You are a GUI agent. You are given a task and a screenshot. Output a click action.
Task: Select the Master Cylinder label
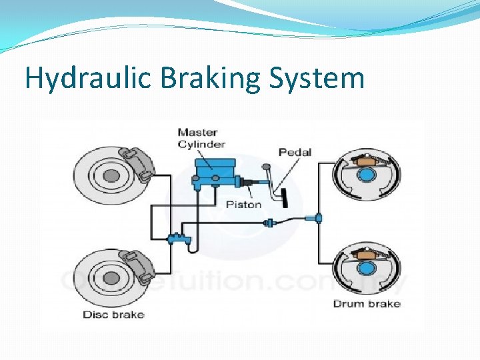201,138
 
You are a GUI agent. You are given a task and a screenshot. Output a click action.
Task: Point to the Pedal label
295,153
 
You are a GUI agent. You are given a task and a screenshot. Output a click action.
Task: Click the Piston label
243,204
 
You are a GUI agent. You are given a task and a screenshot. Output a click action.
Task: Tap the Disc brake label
113,314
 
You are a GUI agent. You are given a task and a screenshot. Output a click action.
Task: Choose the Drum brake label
367,304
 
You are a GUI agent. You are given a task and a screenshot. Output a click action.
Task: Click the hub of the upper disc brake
111,176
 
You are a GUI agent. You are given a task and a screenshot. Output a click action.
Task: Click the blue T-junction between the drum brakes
319,218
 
